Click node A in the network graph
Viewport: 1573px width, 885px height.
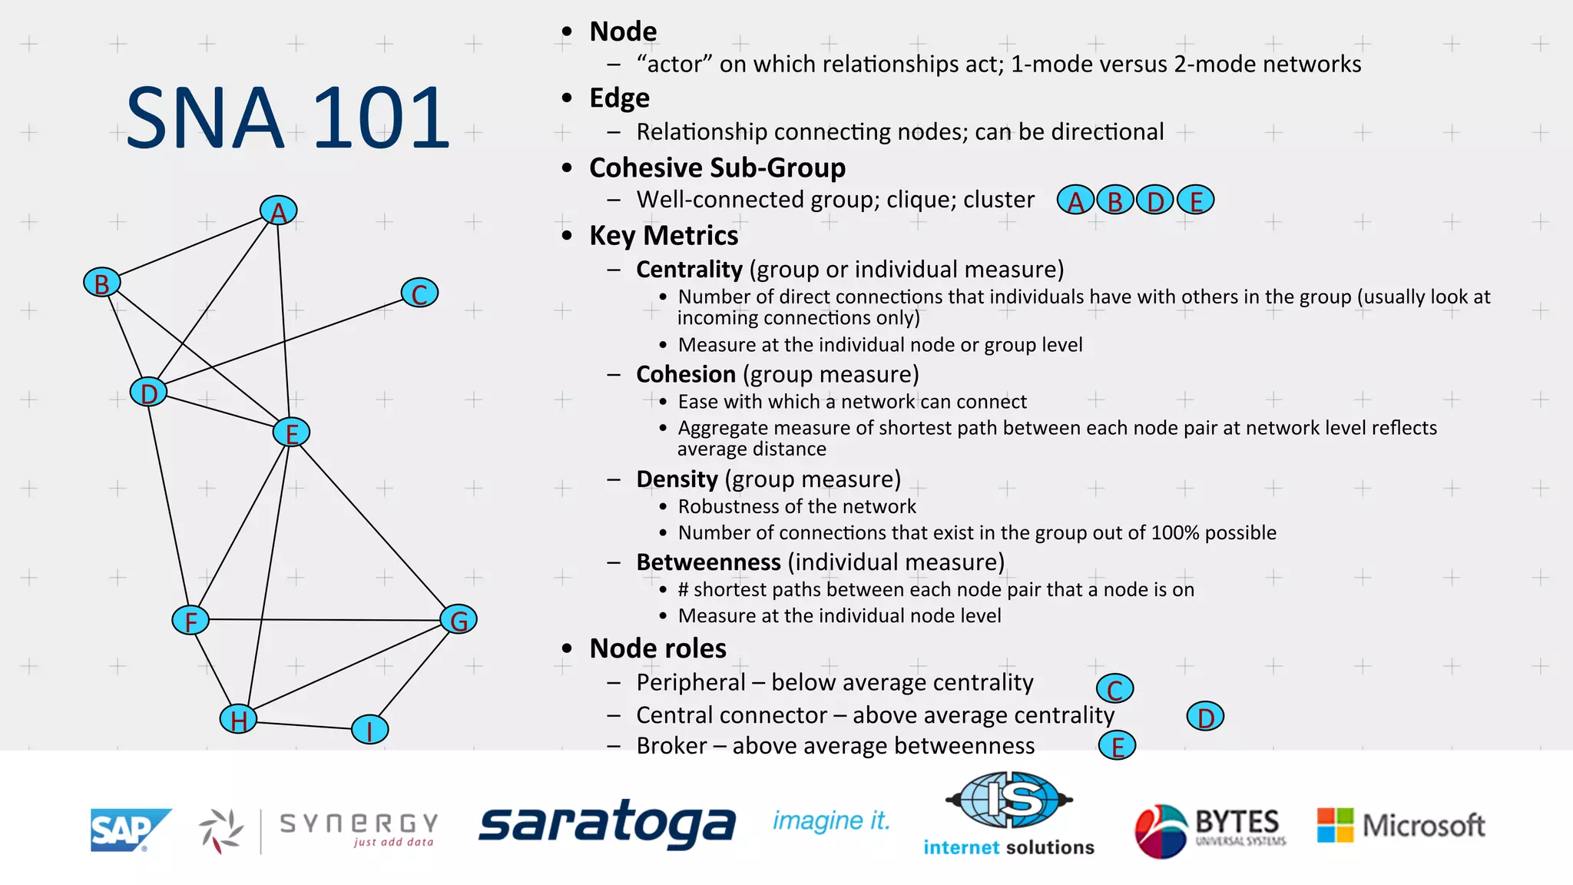(278, 210)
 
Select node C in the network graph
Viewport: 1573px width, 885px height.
(419, 293)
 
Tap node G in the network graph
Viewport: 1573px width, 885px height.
(459, 619)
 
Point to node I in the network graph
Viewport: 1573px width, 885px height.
(369, 729)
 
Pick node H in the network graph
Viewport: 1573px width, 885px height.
(238, 720)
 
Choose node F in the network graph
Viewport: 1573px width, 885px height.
(190, 620)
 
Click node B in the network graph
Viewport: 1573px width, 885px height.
(101, 283)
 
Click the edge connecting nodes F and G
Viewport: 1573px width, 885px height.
(323, 619)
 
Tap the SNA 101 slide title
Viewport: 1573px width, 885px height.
(287, 118)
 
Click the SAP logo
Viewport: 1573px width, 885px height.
(129, 830)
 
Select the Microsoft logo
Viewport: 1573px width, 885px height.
(1401, 825)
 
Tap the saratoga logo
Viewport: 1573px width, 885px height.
(607, 824)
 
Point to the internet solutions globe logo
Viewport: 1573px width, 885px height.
(1009, 800)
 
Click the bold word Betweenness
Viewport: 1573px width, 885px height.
(708, 562)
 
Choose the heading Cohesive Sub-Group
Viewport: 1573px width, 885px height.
(717, 167)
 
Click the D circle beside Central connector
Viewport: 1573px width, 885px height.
(1205, 717)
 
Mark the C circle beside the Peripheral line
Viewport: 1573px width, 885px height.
(1114, 688)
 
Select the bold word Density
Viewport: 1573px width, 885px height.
(677, 479)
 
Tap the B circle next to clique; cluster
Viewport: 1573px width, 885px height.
(1115, 201)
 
